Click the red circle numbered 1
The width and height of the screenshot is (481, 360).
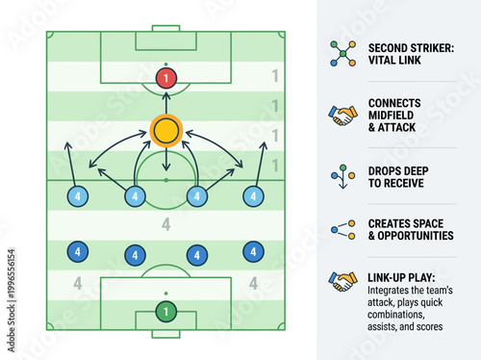coord(166,77)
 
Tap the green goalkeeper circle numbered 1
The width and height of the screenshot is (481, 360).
coord(166,311)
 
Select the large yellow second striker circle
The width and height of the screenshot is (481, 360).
coord(166,128)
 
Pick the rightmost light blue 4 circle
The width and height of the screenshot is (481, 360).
coord(253,196)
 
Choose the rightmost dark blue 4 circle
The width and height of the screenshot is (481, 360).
coord(253,252)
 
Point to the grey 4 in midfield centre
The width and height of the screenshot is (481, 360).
coord(165,226)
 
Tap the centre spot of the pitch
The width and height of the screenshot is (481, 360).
coord(166,180)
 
